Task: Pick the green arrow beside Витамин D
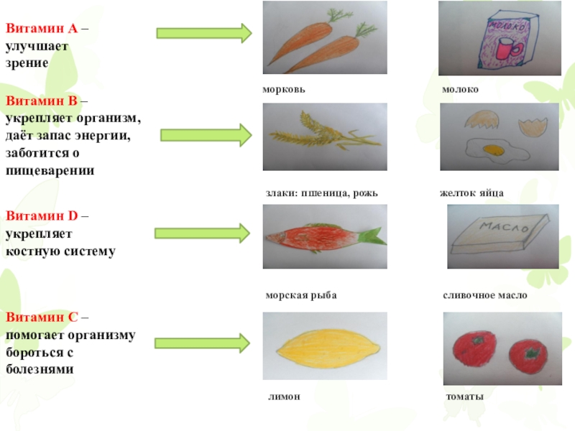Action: click(x=202, y=232)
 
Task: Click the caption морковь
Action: click(x=284, y=90)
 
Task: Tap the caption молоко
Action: click(x=461, y=90)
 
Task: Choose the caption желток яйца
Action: click(x=471, y=193)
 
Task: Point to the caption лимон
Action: click(x=282, y=397)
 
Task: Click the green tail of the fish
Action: click(x=372, y=236)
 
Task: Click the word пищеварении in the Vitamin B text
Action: click(x=50, y=171)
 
